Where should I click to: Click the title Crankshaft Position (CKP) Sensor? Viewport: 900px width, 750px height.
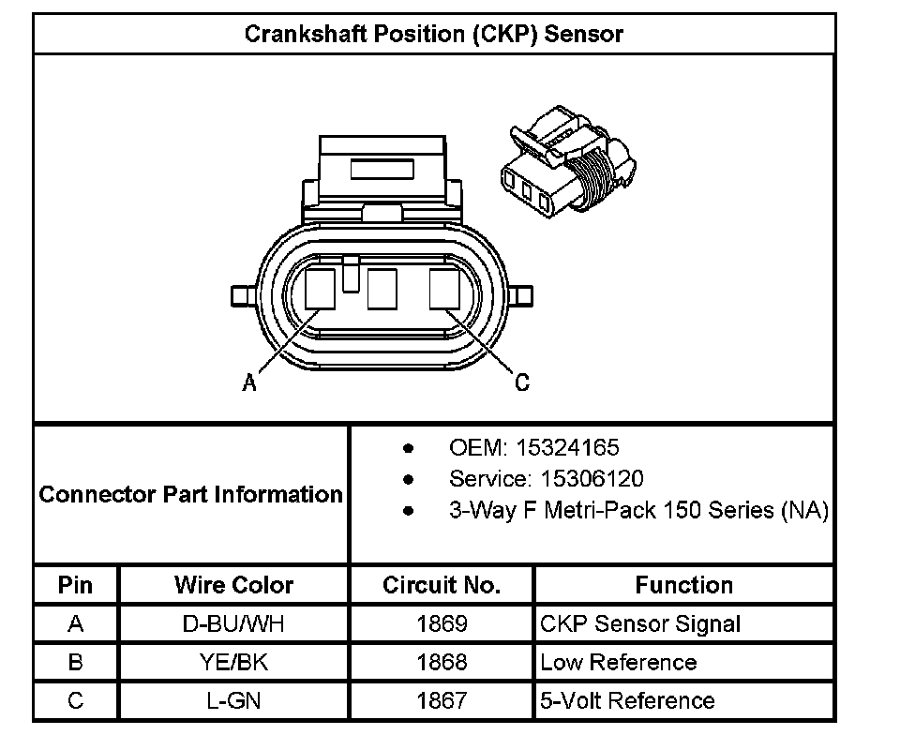click(433, 35)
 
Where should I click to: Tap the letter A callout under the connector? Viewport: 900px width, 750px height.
click(249, 382)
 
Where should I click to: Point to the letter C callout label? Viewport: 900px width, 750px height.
click(522, 382)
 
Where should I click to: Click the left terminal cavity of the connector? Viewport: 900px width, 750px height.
click(321, 289)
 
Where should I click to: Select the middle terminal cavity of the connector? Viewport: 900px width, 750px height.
click(383, 289)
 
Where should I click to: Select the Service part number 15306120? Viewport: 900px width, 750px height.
click(592, 479)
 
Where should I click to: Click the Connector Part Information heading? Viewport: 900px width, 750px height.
click(191, 494)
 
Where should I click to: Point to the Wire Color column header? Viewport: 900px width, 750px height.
click(233, 585)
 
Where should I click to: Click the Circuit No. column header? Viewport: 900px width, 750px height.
click(442, 585)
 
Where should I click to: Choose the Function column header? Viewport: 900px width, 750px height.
click(683, 585)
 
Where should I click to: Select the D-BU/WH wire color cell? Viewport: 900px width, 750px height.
click(233, 623)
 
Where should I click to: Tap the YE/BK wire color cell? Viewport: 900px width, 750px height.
click(233, 662)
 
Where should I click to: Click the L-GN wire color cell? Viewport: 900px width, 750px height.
click(233, 700)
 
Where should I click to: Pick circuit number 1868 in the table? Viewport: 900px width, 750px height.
click(442, 662)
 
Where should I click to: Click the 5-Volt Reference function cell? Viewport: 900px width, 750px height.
click(627, 700)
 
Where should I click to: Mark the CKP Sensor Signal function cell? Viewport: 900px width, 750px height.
click(640, 623)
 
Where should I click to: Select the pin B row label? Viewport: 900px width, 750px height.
click(76, 662)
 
